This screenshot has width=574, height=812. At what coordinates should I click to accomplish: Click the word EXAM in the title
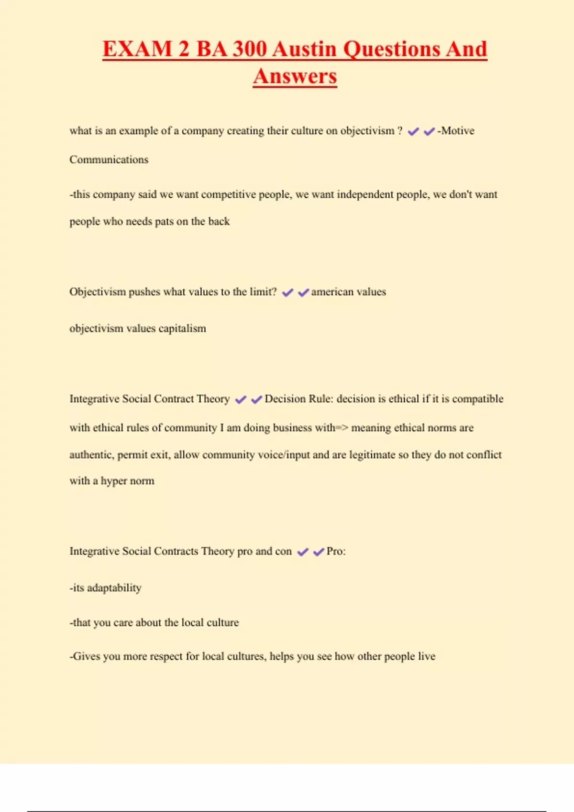[x=137, y=49]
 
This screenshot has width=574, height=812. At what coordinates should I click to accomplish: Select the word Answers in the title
[x=295, y=76]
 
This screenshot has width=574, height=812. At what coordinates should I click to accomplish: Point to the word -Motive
[x=456, y=131]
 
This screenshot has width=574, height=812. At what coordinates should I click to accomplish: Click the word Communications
[x=109, y=160]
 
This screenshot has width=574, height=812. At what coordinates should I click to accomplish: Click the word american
[x=332, y=292]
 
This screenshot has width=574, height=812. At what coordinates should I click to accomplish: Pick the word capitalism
[x=182, y=329]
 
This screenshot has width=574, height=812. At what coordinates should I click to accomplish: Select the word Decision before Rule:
[x=285, y=399]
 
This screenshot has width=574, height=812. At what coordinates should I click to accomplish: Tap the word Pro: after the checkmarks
[x=336, y=551]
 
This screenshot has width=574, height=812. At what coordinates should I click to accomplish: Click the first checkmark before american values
[x=287, y=293]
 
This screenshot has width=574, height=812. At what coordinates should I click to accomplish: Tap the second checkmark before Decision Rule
[x=256, y=400]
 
